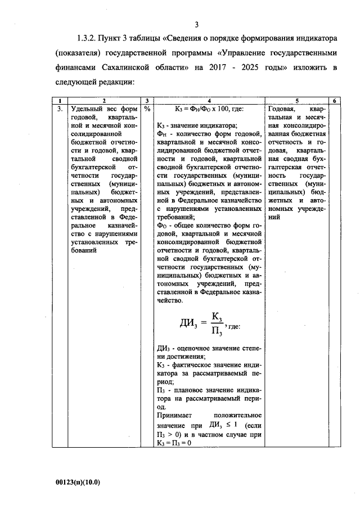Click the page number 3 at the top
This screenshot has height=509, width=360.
196,24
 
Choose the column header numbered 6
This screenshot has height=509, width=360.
334,101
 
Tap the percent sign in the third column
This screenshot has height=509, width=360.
147,108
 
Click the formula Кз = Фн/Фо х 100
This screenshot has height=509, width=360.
208,108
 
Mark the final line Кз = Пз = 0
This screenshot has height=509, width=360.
178,443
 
